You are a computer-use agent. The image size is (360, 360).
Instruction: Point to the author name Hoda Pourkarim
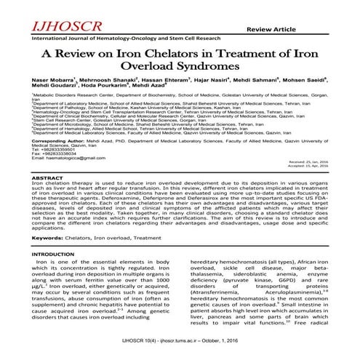111,105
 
